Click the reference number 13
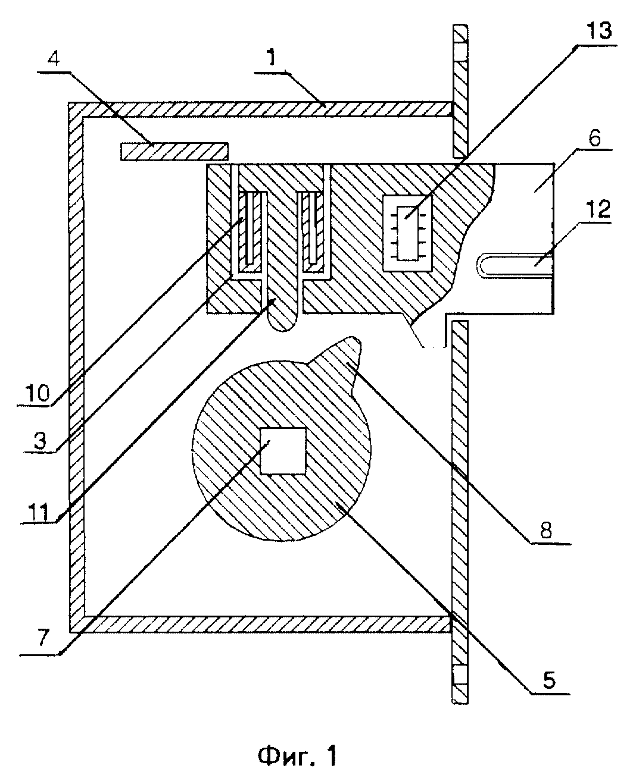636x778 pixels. point(598,32)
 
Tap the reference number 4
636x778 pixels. point(54,57)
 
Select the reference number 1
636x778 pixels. point(272,58)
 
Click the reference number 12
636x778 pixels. point(598,209)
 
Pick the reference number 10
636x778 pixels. point(37,393)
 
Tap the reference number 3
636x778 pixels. point(39,440)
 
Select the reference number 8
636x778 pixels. point(545,530)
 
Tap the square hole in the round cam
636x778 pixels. point(283,450)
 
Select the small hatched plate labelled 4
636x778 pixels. point(174,151)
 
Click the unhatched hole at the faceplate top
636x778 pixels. point(460,51)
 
